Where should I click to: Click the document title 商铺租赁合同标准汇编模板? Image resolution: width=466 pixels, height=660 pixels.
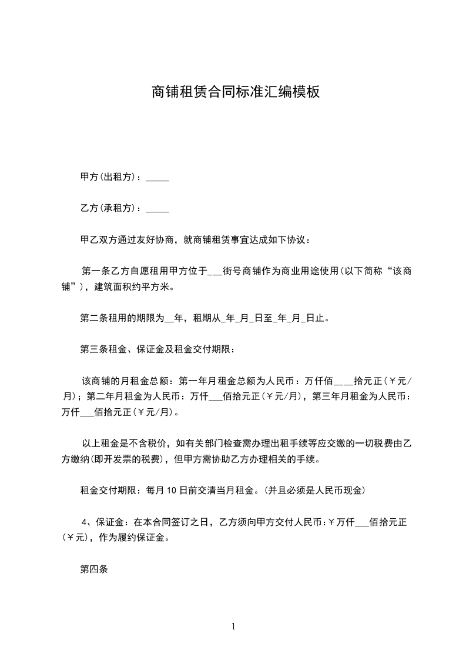click(x=235, y=92)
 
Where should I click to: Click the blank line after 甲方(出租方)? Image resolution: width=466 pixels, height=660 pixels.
click(x=157, y=177)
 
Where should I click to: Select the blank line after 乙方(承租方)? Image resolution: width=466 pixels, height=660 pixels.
click(x=157, y=208)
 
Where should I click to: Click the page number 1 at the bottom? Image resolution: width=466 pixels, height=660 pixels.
click(x=233, y=626)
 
